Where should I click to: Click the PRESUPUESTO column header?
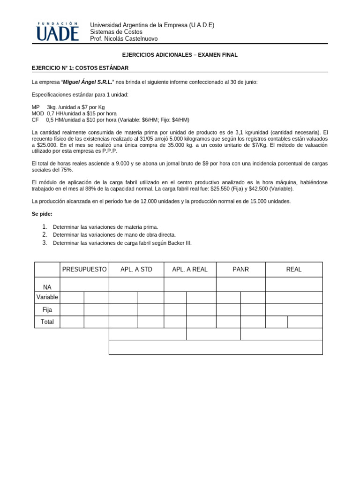84,270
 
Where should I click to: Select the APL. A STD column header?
136,270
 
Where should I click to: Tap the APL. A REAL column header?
190,270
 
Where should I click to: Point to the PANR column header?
240,270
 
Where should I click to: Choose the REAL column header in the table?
294,270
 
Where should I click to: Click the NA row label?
47,287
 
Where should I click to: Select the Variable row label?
47,297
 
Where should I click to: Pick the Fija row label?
47,309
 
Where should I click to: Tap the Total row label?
47,322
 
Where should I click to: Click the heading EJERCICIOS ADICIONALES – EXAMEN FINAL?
180,55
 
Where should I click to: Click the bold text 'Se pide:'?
42,214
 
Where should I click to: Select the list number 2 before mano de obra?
45,234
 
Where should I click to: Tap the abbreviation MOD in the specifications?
37,113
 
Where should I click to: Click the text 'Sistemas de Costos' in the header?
116,32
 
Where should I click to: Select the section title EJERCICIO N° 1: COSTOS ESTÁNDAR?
80,68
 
